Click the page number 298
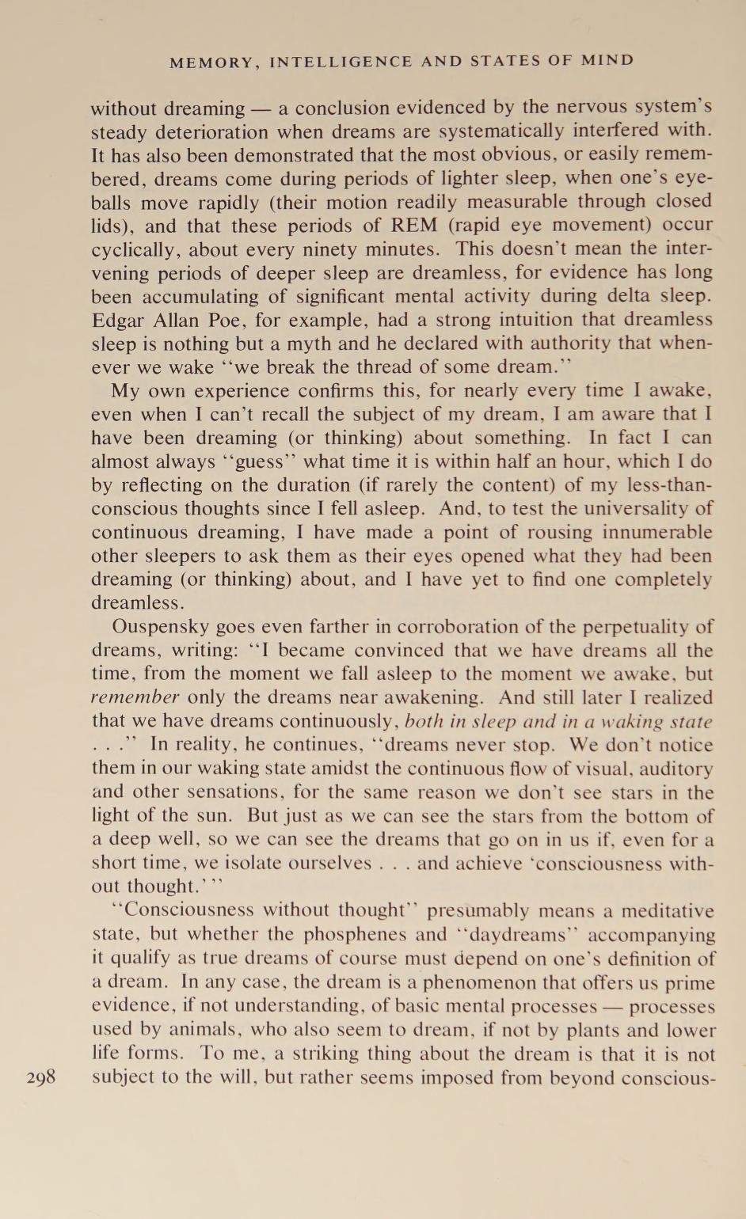tap(41, 1077)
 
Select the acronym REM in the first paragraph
tap(414, 225)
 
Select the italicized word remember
tap(135, 698)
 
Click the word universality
tap(629, 508)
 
